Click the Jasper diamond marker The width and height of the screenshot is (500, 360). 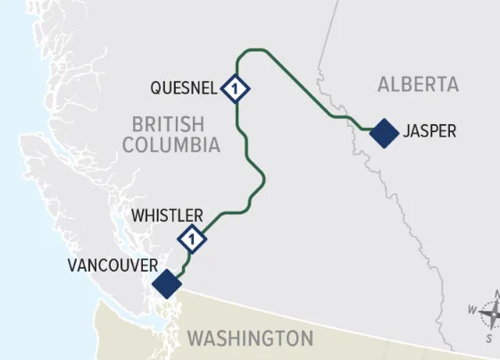384,133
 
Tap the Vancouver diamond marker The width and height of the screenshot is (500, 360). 167,284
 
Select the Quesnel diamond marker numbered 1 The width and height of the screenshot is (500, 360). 235,88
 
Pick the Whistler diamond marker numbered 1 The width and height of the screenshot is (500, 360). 192,239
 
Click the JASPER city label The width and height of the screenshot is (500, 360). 429,132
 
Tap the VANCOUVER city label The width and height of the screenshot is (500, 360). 112,266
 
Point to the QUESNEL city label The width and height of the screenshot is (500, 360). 184,88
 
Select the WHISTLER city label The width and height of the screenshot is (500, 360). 167,216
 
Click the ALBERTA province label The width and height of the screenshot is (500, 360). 418,85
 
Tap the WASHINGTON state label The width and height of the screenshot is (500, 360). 250,339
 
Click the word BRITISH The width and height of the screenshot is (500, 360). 168,123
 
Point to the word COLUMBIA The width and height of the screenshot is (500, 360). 171,145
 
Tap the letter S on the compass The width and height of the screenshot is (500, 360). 489,339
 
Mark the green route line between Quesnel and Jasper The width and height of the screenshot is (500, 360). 308,85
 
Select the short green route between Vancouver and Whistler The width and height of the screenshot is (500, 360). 182,264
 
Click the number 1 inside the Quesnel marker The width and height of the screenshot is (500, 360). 235,88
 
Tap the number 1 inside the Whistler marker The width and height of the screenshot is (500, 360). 192,239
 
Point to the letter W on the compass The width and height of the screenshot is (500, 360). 472,309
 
